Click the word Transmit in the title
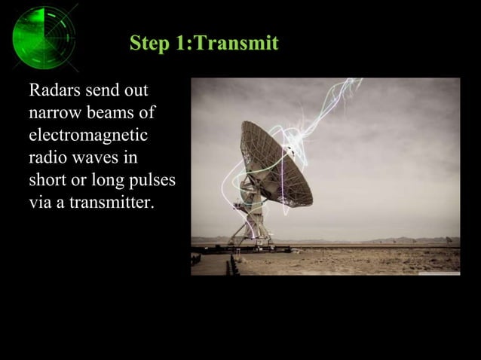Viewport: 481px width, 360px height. pyautogui.click(x=235, y=43)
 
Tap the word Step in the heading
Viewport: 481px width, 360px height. pyautogui.click(x=150, y=43)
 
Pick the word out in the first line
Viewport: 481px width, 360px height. pyautogui.click(x=135, y=92)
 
